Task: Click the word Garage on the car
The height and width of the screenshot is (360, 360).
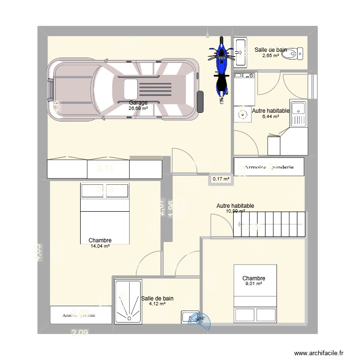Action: point(138,103)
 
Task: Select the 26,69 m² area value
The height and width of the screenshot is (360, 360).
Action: point(138,108)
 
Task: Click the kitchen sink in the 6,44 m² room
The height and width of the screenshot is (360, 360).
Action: point(298,113)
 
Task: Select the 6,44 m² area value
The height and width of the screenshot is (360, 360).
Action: point(270,116)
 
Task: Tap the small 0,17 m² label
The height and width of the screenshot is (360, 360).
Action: point(221,179)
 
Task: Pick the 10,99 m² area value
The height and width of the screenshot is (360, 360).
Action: point(235,211)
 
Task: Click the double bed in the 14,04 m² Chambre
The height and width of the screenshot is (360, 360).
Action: point(105,214)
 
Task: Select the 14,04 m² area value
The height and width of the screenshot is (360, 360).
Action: point(100,246)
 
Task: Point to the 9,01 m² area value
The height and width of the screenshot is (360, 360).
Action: point(253,284)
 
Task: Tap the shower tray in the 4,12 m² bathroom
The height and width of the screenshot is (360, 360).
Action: point(128,302)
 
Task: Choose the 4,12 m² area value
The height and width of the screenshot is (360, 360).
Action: point(157,304)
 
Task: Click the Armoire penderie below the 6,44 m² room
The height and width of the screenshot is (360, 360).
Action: point(269,167)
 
